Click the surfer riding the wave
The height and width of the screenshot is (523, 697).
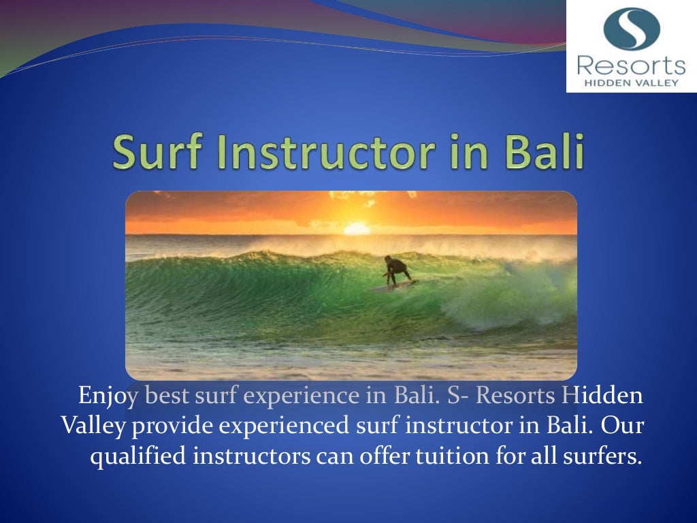[396, 270]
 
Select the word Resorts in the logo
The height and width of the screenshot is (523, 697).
[631, 67]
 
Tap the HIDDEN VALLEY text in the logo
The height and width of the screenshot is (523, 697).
[631, 82]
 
